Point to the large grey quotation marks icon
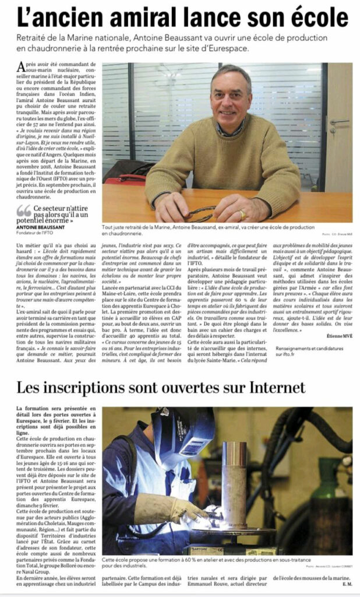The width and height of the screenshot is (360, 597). point(23,210)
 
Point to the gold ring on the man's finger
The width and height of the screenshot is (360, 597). point(241,213)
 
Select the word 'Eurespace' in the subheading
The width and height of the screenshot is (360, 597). point(227,48)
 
